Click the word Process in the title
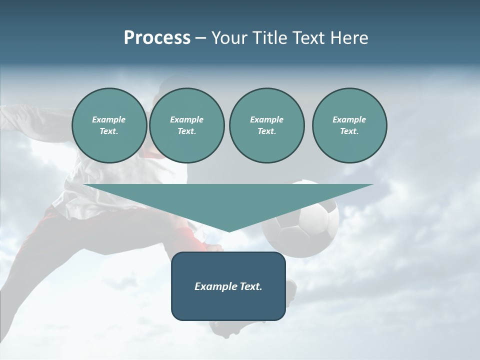coord(157,38)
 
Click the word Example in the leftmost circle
coord(109,119)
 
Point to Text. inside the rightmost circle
coord(349,131)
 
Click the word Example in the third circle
coord(266,119)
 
